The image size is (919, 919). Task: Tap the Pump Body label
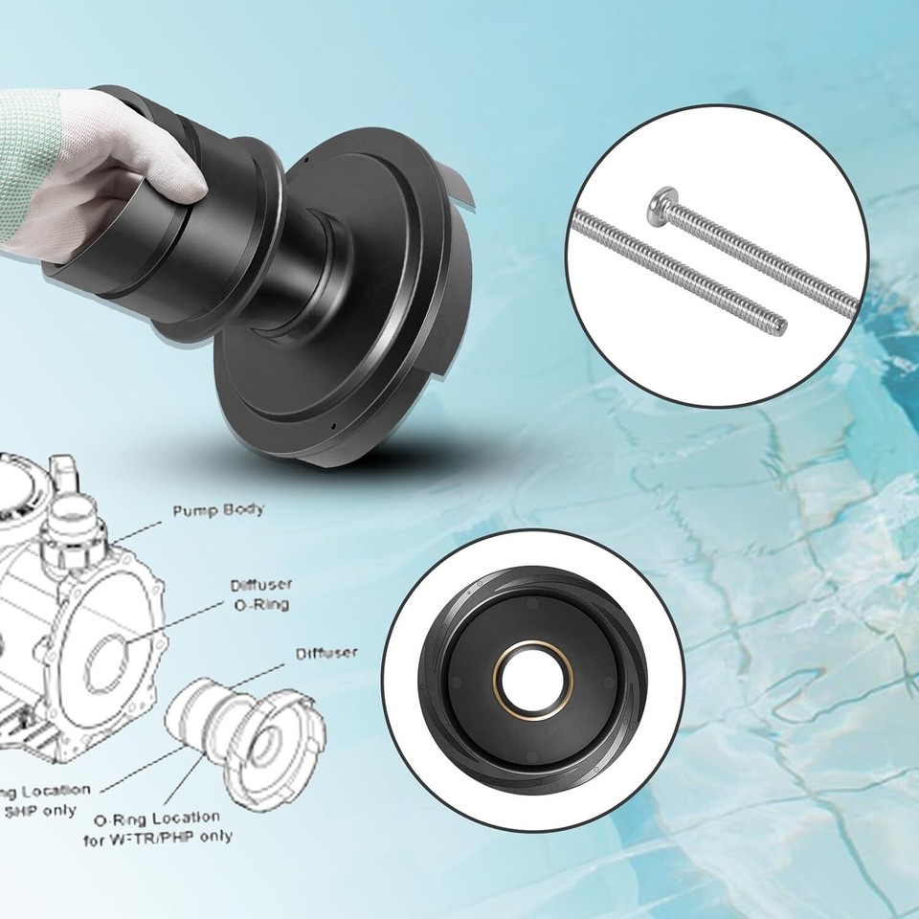coord(218,511)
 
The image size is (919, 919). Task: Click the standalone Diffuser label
coord(326,654)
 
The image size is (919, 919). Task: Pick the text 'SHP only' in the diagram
coord(38,811)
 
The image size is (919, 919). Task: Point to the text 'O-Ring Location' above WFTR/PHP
coord(157,819)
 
